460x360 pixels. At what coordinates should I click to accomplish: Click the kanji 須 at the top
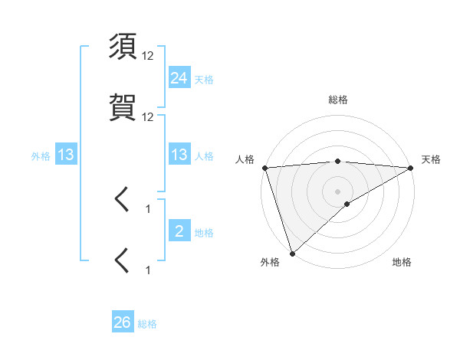[x=123, y=48]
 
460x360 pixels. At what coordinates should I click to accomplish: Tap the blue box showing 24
[x=179, y=77]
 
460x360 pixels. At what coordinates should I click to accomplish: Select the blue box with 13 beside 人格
[x=179, y=155]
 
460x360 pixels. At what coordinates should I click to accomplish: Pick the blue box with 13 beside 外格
[x=66, y=155]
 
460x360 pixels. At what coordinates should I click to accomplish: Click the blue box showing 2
[x=179, y=231]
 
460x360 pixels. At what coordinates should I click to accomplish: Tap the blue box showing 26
[x=122, y=322]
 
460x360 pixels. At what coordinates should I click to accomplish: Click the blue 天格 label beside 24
[x=204, y=79]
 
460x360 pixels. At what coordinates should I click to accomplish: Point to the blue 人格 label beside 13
[x=204, y=155]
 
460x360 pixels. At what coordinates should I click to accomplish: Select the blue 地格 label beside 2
[x=204, y=232]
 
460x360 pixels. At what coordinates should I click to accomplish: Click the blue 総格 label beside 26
[x=147, y=323]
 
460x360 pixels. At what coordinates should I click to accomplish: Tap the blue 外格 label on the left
[x=41, y=155]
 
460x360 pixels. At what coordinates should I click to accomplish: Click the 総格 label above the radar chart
[x=338, y=100]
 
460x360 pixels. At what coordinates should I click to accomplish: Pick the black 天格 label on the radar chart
[x=431, y=159]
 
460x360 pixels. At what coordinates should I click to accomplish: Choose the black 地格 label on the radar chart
[x=402, y=262]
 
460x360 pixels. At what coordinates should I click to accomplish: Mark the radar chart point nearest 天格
[x=411, y=168]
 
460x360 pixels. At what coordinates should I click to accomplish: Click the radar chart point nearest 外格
[x=292, y=252]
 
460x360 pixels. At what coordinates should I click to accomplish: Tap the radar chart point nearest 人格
[x=264, y=168]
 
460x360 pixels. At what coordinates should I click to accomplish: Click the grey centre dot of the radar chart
[x=338, y=191]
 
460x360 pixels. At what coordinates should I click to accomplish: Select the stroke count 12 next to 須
[x=148, y=56]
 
